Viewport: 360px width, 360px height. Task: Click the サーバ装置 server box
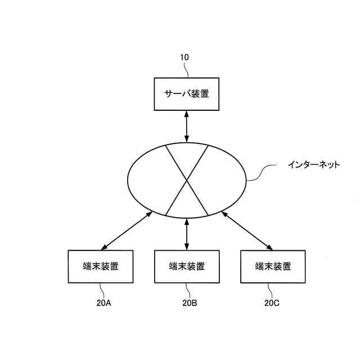coord(186,94)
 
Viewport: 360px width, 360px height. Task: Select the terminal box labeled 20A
coord(100,267)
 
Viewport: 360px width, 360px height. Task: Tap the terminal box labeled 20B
coord(187,267)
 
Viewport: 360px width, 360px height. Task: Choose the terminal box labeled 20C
coord(273,267)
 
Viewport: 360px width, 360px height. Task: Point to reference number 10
coord(184,57)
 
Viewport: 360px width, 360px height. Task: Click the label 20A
coord(105,303)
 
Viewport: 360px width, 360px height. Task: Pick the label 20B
coord(190,303)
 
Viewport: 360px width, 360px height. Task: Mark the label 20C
coord(272,303)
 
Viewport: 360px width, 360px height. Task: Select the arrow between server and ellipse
coord(186,127)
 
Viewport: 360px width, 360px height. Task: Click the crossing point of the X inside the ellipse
coord(187,181)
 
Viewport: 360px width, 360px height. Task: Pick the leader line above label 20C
coord(271,290)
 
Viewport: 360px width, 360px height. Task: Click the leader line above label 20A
coord(102,290)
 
